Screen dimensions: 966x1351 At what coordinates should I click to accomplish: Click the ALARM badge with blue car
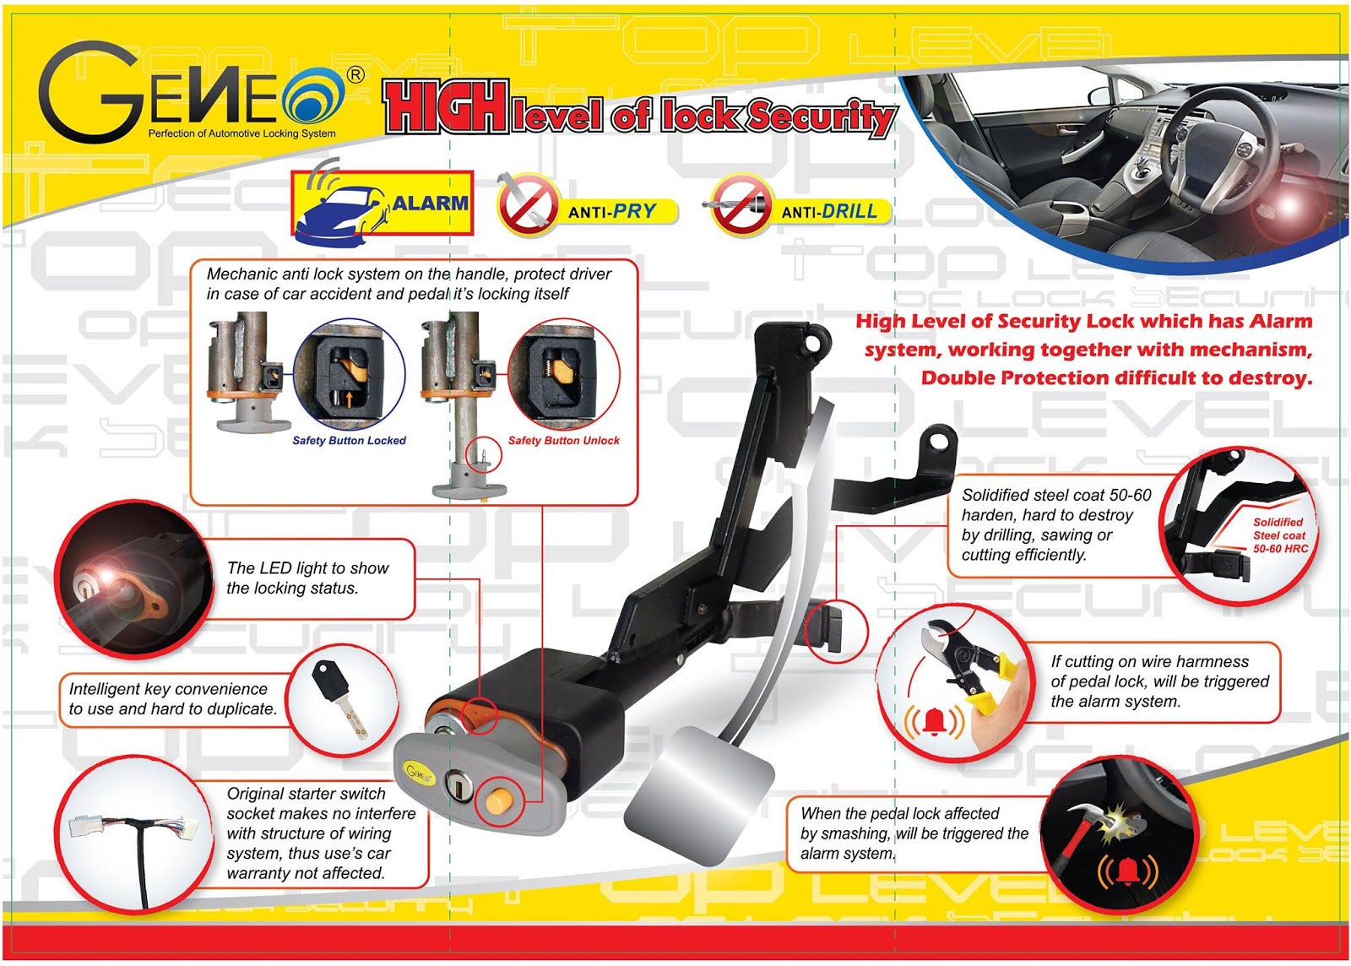tap(382, 204)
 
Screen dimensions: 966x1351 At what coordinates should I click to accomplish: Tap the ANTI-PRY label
tap(611, 211)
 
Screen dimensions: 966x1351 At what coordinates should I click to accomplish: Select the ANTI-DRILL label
tap(828, 211)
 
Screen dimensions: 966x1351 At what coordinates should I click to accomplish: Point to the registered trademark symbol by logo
tap(356, 74)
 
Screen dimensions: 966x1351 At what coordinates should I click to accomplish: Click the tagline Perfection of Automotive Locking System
tap(241, 133)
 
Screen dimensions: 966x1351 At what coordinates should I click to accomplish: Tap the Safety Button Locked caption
tap(349, 440)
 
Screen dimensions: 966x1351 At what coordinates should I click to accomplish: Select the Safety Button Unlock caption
tap(563, 440)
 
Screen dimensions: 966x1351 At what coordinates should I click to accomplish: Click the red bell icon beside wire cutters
tap(934, 721)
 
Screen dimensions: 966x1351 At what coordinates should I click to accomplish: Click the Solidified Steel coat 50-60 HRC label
tap(1278, 535)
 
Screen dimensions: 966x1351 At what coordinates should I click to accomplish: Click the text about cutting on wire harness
tap(1158, 681)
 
